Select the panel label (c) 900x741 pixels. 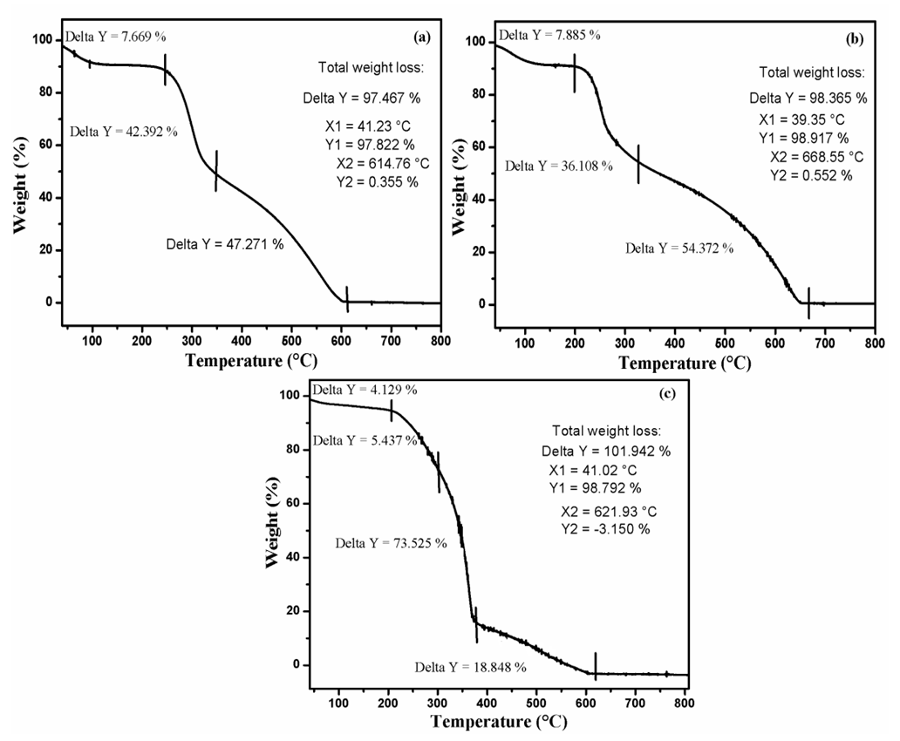(665, 393)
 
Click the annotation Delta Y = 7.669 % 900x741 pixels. (115, 37)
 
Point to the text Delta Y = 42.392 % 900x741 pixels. (124, 132)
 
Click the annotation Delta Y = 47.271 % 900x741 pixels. (225, 244)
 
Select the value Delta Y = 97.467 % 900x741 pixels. (360, 98)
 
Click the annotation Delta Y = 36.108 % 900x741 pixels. (559, 165)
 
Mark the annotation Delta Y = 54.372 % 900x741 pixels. (679, 248)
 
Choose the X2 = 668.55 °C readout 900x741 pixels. (817, 157)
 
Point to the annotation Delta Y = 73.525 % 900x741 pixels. (392, 543)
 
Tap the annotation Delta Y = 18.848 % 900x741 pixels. (470, 668)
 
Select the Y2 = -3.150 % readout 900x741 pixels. (604, 529)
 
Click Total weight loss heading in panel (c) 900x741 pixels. (607, 431)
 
